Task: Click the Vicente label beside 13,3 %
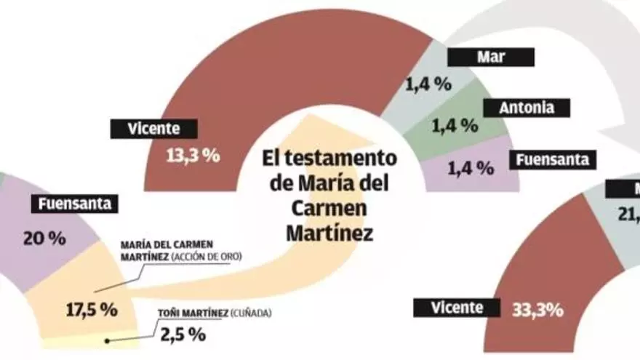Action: tap(144, 129)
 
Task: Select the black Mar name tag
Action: tap(491, 57)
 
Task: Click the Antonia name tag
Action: tap(527, 108)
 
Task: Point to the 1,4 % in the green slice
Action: tap(455, 126)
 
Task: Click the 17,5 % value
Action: tap(92, 309)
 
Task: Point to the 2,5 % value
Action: tap(183, 335)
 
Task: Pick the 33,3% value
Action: tap(537, 309)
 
